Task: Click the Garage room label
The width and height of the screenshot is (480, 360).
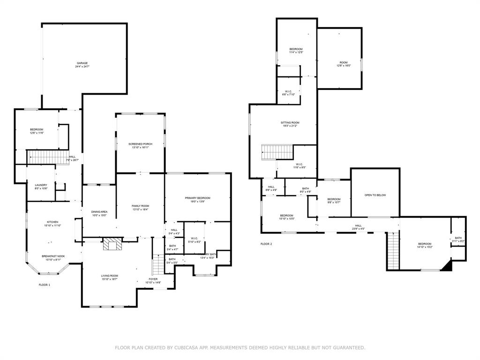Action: [82, 63]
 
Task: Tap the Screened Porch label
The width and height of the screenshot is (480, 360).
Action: [141, 143]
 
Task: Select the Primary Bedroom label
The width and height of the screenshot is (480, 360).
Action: [197, 198]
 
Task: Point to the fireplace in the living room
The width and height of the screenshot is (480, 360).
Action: [112, 244]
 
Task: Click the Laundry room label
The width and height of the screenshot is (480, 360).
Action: [41, 185]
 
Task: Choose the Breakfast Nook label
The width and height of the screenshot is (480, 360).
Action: [52, 256]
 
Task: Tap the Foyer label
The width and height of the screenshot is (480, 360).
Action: [153, 279]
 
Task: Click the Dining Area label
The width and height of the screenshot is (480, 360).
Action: [99, 212]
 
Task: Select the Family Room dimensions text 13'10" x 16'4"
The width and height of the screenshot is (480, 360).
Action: [140, 210]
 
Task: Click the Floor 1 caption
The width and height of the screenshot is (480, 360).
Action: [44, 285]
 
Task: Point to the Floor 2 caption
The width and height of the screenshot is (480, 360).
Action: [266, 244]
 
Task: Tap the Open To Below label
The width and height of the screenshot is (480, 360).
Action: [375, 195]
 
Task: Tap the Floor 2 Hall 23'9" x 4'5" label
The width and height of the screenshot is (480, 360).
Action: [358, 225]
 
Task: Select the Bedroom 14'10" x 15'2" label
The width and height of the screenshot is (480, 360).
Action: [424, 244]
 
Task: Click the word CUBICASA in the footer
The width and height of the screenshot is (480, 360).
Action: [180, 347]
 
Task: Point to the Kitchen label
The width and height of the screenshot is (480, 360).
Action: [52, 222]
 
